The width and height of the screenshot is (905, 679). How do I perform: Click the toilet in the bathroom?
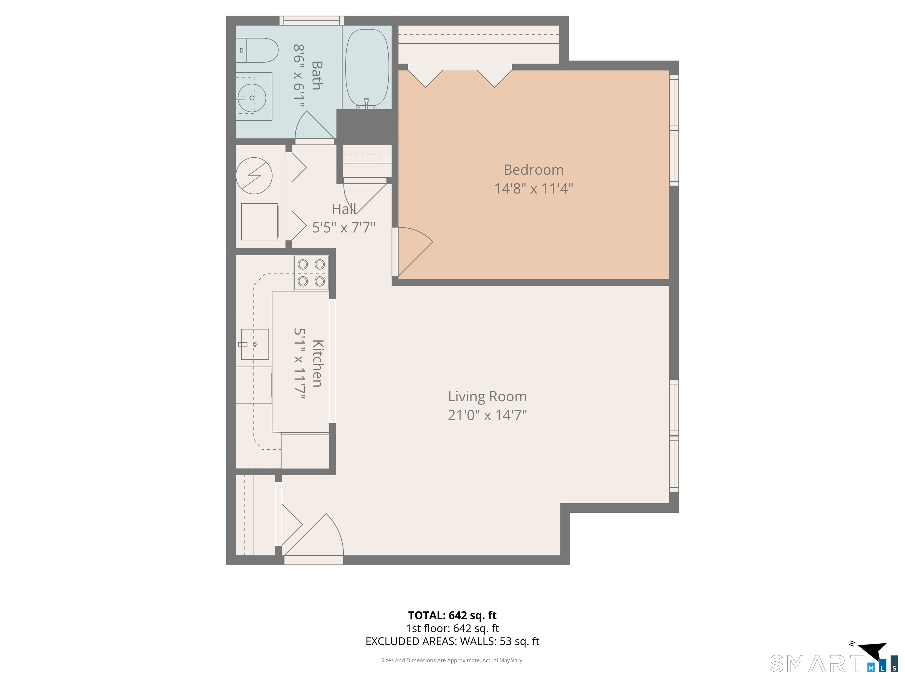258,50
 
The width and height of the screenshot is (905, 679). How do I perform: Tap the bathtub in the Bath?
366,67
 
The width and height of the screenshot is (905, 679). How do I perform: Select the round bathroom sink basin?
252,98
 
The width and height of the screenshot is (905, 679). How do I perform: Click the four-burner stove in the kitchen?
311,273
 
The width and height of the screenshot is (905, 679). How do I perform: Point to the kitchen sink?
255,344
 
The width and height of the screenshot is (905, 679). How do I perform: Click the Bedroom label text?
533,170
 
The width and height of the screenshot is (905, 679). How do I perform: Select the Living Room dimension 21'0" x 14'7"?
487,415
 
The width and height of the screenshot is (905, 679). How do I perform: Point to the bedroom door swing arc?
415,250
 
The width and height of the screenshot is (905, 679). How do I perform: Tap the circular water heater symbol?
254,176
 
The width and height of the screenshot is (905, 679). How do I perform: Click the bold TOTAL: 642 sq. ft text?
452,615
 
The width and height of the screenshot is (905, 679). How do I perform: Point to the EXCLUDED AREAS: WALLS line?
452,641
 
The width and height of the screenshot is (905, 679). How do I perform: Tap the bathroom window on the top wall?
311,20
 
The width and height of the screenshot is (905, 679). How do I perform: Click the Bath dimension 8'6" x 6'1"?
299,76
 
